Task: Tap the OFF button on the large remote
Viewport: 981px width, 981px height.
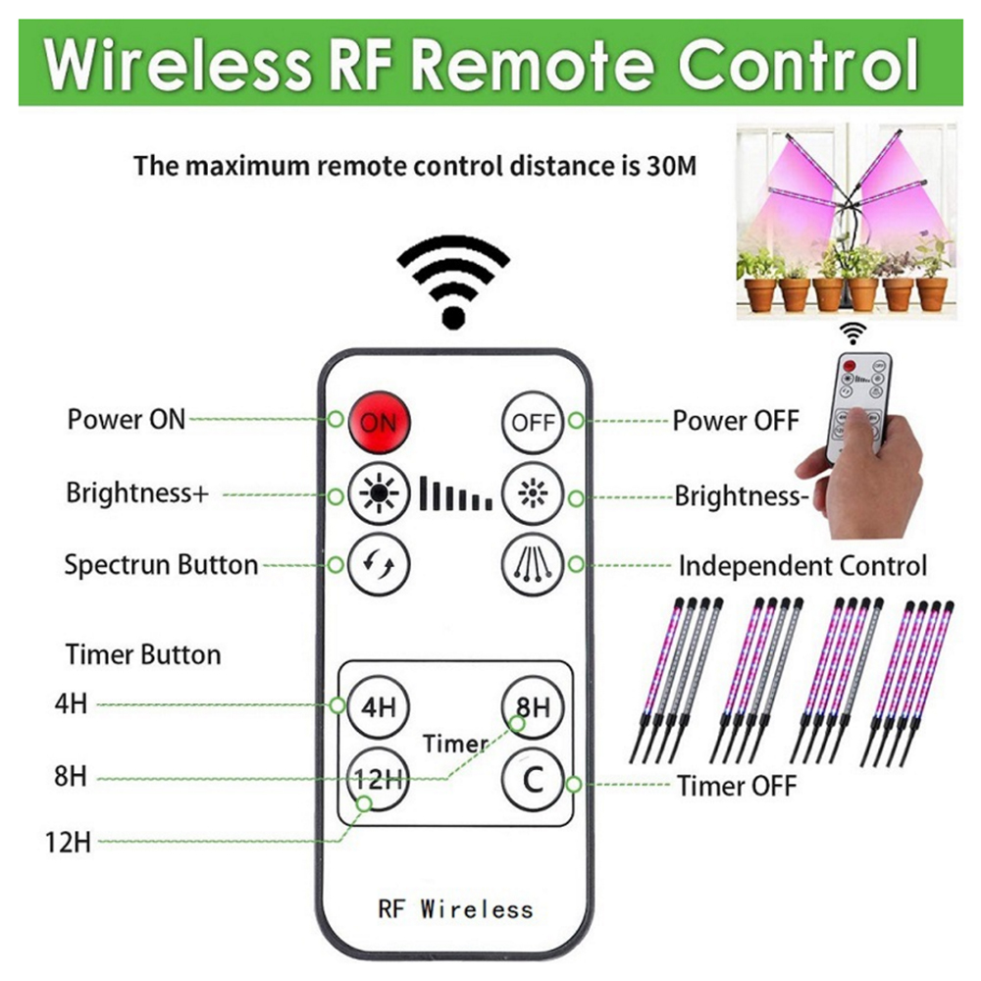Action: [533, 423]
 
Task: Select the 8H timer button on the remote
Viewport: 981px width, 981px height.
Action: [533, 707]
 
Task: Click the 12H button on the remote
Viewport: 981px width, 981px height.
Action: [378, 781]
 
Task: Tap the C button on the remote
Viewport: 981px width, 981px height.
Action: [533, 781]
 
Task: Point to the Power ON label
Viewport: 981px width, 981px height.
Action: [126, 420]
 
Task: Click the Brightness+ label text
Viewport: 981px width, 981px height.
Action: [137, 492]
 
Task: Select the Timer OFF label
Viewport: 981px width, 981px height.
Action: [737, 786]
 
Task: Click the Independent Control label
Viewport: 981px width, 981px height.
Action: [801, 566]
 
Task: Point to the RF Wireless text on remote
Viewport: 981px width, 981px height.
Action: [455, 908]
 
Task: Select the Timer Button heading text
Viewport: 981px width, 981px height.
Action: [143, 654]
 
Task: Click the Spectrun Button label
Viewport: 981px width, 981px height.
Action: [161, 565]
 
